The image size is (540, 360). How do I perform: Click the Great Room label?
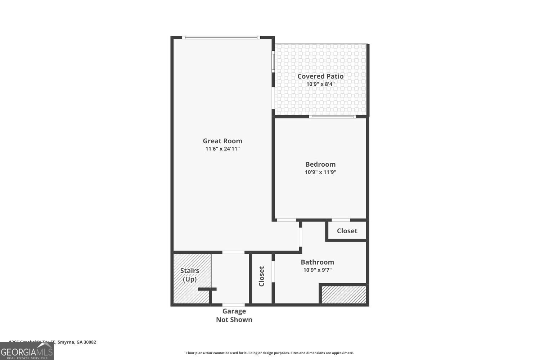[x=222, y=141]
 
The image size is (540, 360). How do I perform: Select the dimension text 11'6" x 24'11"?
[x=222, y=149]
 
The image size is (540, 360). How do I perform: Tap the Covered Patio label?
[x=320, y=76]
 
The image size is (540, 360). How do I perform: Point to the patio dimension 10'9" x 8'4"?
[x=320, y=84]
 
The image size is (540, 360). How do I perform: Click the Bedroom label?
[x=320, y=164]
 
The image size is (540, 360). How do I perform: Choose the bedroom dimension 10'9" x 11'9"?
[x=320, y=172]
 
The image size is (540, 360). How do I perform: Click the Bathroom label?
[x=317, y=262]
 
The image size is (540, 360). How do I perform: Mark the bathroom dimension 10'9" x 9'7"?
[x=317, y=270]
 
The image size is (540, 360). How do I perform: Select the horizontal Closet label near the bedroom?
[x=347, y=231]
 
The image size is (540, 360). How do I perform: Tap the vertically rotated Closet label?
[x=262, y=276]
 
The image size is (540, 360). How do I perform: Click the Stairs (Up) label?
[x=190, y=275]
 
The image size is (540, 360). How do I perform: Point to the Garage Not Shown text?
[x=234, y=315]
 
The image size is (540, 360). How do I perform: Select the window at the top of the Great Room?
[x=221, y=37]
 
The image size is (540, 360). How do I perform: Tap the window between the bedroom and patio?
[x=332, y=117]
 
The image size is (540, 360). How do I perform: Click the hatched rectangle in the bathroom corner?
[x=344, y=294]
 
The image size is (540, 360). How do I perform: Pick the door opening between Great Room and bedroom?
[x=287, y=220]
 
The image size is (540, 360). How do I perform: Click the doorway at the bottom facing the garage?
[x=233, y=305]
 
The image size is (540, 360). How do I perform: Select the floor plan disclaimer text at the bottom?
[x=270, y=353]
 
